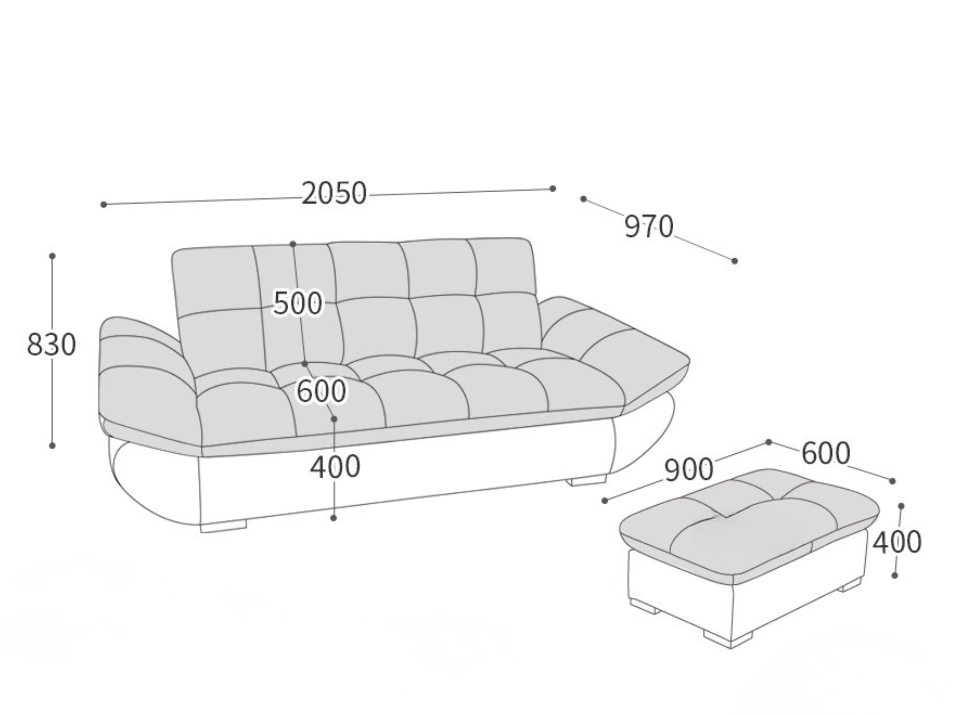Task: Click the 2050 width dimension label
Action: [335, 194]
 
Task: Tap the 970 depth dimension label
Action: [649, 226]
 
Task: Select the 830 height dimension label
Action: [51, 345]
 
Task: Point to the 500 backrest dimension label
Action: [298, 303]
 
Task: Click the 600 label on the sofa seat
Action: [322, 391]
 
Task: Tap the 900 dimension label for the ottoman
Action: [689, 470]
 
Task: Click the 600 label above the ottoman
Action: [826, 453]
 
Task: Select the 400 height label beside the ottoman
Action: [897, 542]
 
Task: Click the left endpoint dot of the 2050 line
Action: [103, 204]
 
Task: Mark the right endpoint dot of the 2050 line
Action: [553, 189]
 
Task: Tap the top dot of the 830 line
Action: [52, 256]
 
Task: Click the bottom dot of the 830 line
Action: [52, 446]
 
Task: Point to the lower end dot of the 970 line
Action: [734, 261]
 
